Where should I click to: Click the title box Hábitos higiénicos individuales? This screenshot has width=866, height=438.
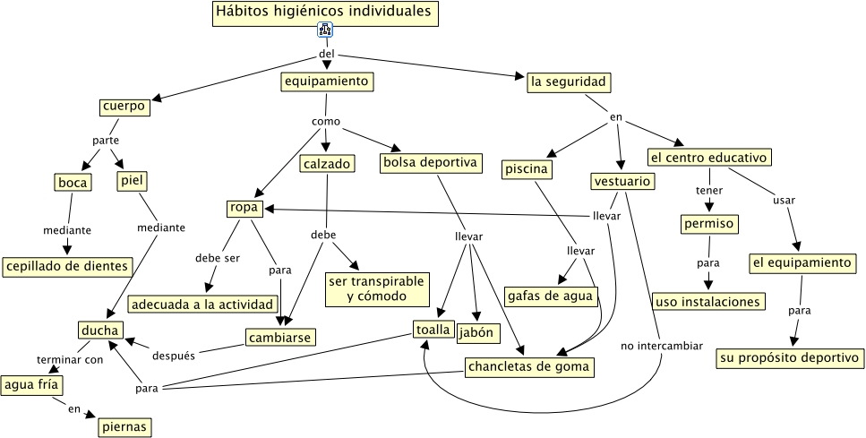pyautogui.click(x=325, y=13)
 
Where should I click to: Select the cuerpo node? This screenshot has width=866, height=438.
pyautogui.click(x=124, y=107)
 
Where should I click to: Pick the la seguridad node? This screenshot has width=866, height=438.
pyautogui.click(x=569, y=82)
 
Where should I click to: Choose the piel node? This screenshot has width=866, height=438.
pyautogui.click(x=132, y=180)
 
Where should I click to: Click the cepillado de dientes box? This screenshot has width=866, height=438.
pyautogui.click(x=67, y=266)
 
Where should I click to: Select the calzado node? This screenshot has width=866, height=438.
pyautogui.click(x=327, y=164)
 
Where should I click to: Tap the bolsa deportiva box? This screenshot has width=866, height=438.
pyautogui.click(x=431, y=163)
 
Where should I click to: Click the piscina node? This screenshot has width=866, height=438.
pyautogui.click(x=527, y=168)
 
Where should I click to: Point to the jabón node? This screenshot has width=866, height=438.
pyautogui.click(x=478, y=334)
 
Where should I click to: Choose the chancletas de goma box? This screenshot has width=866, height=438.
pyautogui.click(x=529, y=366)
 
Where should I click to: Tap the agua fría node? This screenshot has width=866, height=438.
pyautogui.click(x=30, y=385)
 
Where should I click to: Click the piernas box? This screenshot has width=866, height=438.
pyautogui.click(x=124, y=426)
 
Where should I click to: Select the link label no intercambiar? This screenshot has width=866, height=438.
pyautogui.click(x=662, y=345)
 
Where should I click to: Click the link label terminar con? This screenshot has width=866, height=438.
pyautogui.click(x=70, y=359)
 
